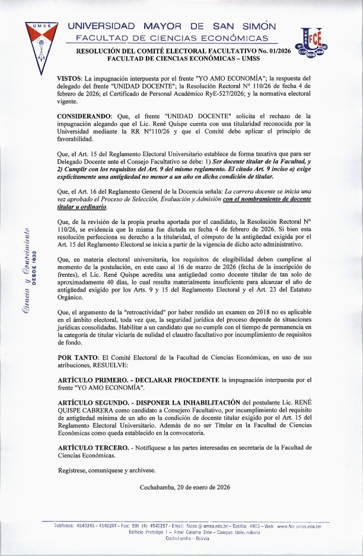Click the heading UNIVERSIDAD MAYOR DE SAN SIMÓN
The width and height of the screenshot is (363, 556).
tap(172, 27)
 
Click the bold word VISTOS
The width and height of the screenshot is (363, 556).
tap(69, 78)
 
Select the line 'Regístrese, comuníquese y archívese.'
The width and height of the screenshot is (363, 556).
tap(106, 470)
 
